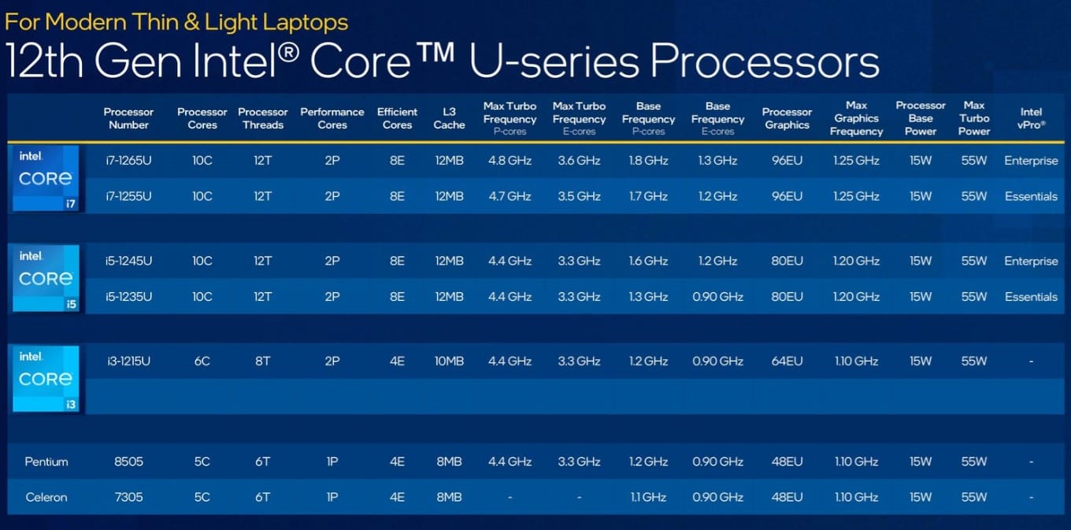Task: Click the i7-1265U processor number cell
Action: (x=128, y=161)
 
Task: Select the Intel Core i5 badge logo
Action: (x=46, y=278)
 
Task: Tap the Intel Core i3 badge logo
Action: (x=46, y=378)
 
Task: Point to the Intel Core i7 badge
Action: (x=46, y=178)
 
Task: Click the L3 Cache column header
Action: (x=449, y=118)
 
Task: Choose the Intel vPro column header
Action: (x=1031, y=118)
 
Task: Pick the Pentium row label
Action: (x=46, y=461)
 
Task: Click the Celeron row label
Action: (x=46, y=498)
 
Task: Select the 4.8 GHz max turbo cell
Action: (x=510, y=161)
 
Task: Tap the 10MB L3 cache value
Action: (x=449, y=361)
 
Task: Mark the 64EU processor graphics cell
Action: (x=787, y=361)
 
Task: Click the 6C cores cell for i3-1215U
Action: (x=202, y=361)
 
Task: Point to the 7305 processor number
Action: (x=128, y=498)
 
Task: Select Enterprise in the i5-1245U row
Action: (x=1031, y=261)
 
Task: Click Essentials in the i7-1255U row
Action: (x=1031, y=197)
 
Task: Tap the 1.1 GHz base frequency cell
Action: (x=648, y=498)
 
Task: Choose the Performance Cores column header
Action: (x=332, y=118)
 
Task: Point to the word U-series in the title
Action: (x=554, y=61)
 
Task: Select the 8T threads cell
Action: (x=262, y=361)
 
